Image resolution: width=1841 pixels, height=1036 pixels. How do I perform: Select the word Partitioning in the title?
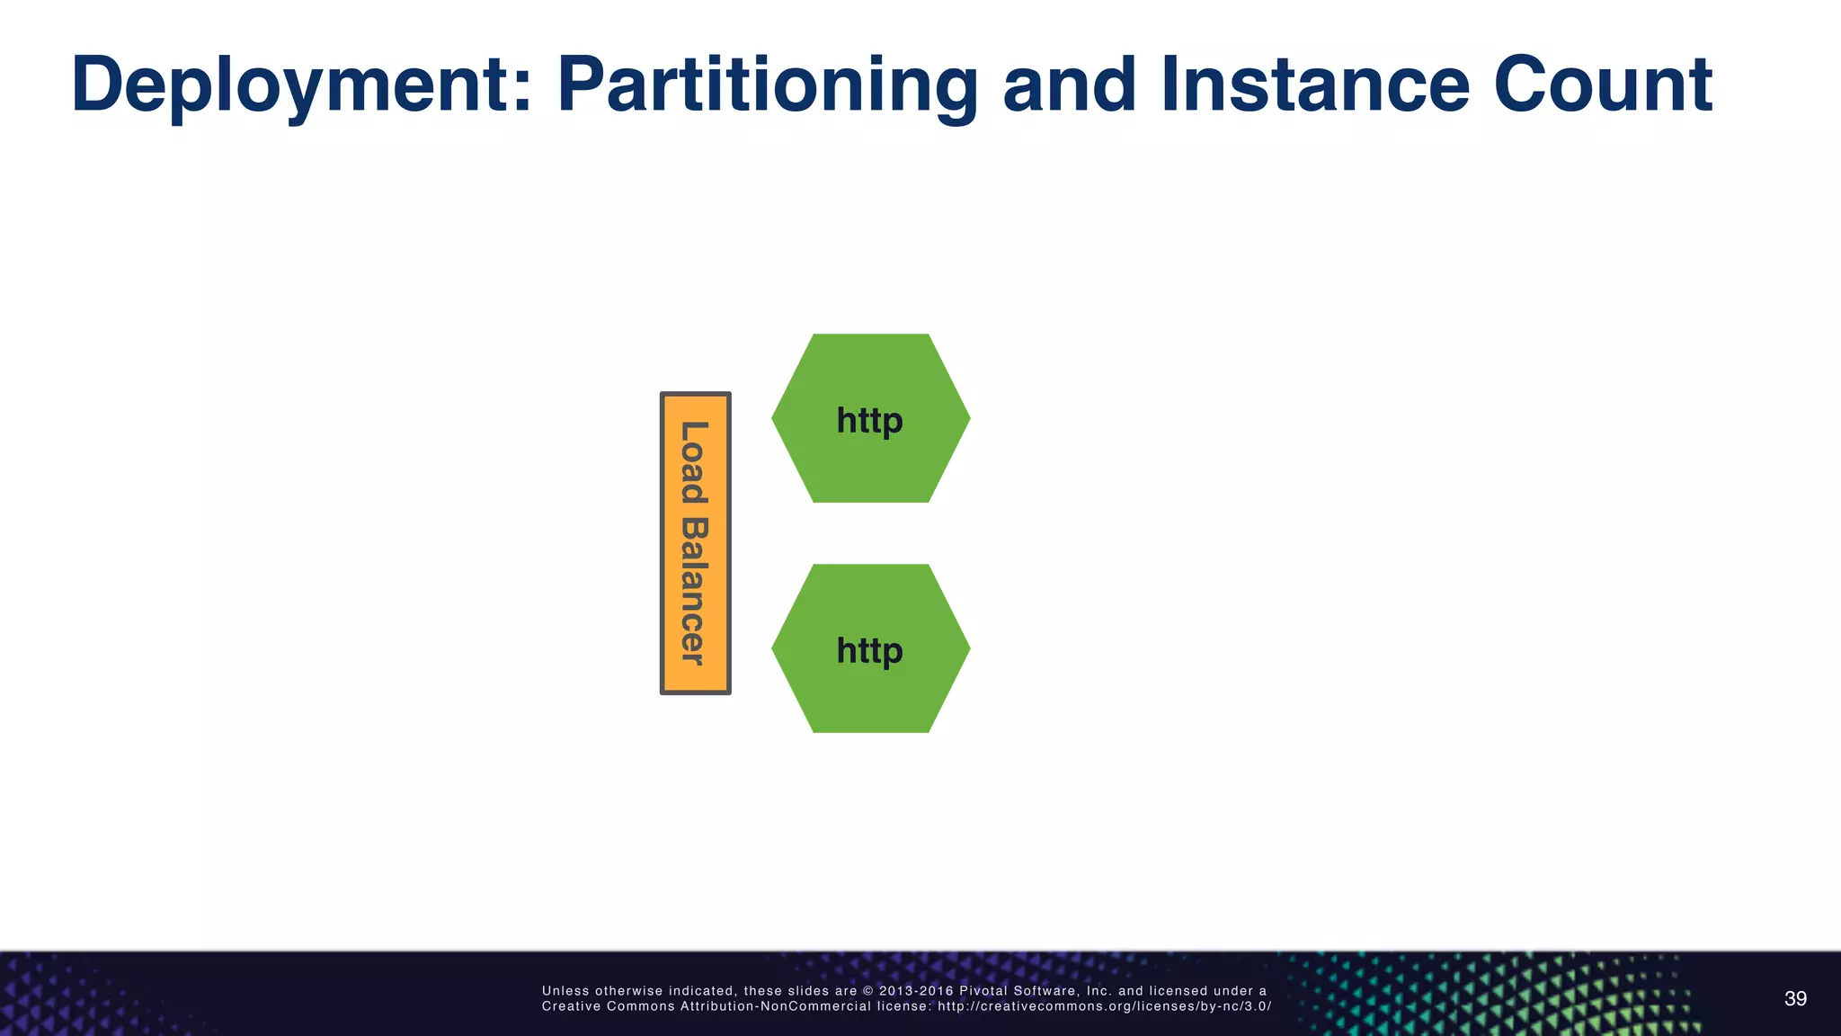[x=767, y=85]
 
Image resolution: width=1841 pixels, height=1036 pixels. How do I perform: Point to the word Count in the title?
[x=1603, y=85]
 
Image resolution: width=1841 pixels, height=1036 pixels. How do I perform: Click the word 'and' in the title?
[x=1070, y=85]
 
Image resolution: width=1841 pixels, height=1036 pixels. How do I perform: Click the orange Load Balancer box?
[x=696, y=543]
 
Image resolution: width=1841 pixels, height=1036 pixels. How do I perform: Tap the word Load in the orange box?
[x=694, y=462]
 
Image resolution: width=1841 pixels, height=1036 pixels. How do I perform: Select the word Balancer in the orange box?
[x=694, y=591]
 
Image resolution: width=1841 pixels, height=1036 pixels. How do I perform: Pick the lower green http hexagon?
[x=870, y=692]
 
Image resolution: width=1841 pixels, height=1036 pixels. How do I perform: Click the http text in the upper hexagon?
[x=869, y=420]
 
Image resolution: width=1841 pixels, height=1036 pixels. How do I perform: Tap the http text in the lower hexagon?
[x=869, y=650]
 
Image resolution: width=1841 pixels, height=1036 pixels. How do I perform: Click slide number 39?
[x=1795, y=999]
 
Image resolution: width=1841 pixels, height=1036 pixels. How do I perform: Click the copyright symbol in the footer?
[x=867, y=991]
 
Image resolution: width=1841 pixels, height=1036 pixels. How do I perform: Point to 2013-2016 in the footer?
[x=916, y=991]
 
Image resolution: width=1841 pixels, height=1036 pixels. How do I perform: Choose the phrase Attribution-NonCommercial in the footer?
[x=776, y=1006]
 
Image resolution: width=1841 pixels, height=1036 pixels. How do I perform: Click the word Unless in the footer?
[x=565, y=991]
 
